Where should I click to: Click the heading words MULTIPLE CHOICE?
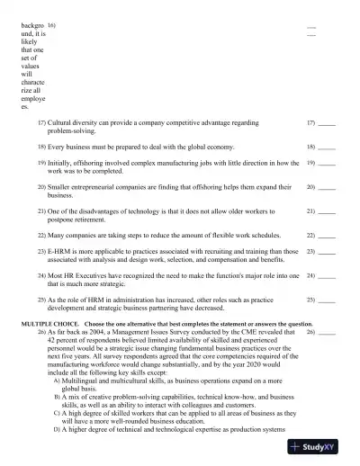50,323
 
